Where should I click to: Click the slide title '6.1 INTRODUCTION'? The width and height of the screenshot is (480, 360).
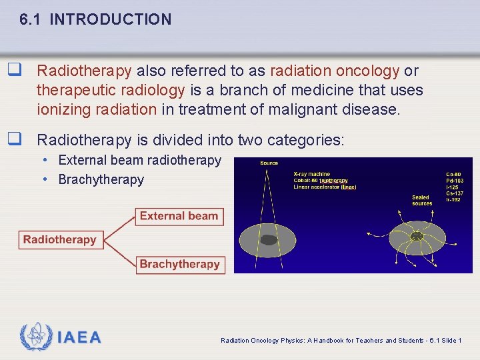(x=95, y=19)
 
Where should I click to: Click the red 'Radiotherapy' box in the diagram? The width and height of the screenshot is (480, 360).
(x=59, y=239)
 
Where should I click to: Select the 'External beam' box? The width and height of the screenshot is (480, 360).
(x=179, y=216)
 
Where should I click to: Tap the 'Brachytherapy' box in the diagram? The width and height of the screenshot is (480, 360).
(x=179, y=264)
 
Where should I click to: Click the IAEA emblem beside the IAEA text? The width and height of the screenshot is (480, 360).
(x=36, y=337)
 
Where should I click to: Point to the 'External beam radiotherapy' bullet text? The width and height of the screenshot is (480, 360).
(x=139, y=160)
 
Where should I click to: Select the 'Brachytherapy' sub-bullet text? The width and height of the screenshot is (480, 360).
(x=101, y=179)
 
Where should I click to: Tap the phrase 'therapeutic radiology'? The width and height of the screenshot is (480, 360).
(x=111, y=90)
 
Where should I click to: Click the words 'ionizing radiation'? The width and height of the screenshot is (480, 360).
(x=97, y=109)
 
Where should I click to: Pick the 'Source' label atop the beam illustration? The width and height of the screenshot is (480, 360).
(x=269, y=163)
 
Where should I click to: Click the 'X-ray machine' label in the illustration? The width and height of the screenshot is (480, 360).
(x=311, y=174)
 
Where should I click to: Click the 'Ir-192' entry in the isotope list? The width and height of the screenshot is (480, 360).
(x=455, y=200)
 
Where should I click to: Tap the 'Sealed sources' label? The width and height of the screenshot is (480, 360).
(x=421, y=200)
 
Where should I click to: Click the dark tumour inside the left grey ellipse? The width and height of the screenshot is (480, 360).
(x=269, y=240)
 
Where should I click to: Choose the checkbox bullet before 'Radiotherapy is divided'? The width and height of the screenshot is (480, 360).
(x=12, y=140)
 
